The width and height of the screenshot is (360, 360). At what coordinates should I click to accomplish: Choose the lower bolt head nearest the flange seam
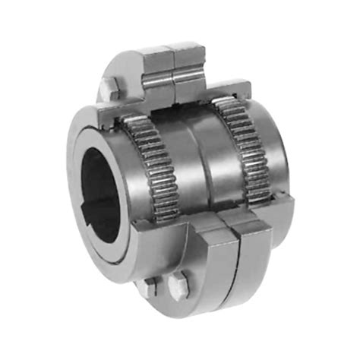pyautogui.click(x=179, y=288)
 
